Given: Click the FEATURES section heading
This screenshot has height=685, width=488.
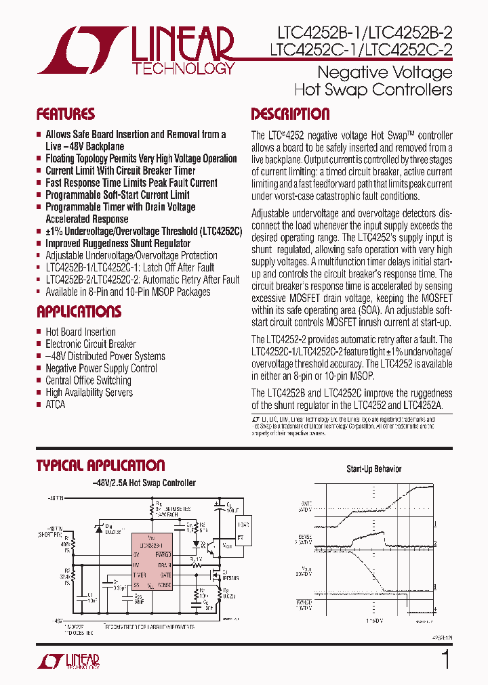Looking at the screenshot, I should (x=65, y=114).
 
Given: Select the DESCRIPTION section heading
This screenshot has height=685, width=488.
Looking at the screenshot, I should (x=290, y=114).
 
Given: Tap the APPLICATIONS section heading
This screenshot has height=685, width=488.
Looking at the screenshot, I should (x=79, y=312).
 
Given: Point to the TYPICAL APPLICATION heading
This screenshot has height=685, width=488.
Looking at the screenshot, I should (x=100, y=466).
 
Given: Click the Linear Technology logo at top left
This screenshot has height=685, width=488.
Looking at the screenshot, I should (x=136, y=50).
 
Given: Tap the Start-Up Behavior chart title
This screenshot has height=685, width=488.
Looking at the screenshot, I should (x=373, y=469).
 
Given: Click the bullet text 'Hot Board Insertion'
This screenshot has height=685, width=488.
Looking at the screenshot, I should (x=81, y=332).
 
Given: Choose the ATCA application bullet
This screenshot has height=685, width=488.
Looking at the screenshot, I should (x=56, y=404).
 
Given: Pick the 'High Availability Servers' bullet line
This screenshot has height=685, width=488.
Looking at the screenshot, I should (x=89, y=392).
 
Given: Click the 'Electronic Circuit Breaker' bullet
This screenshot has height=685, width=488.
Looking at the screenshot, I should (x=91, y=344).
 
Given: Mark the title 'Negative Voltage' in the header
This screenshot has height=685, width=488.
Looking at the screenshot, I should (x=385, y=72).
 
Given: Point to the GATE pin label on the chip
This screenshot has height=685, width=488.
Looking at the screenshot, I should (x=164, y=574).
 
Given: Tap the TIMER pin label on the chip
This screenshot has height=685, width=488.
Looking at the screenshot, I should (x=139, y=574).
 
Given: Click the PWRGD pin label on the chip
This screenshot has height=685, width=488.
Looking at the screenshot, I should (x=165, y=554).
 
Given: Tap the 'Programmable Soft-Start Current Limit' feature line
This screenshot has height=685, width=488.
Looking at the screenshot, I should (x=117, y=195).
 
